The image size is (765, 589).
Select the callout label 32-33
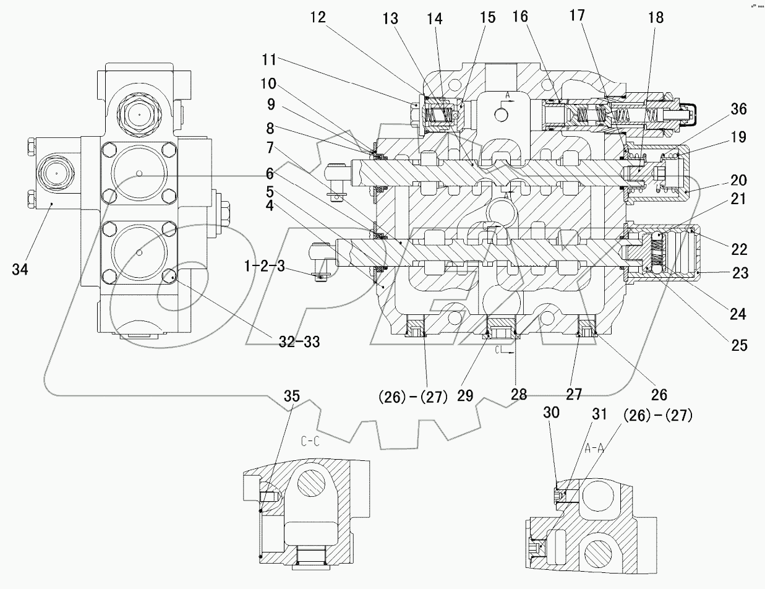coord(297,340)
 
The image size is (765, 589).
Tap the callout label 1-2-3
coord(264,267)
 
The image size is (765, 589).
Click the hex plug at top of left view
coord(140,115)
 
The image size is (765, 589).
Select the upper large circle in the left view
coord(139,173)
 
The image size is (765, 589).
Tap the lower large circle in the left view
coord(139,252)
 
